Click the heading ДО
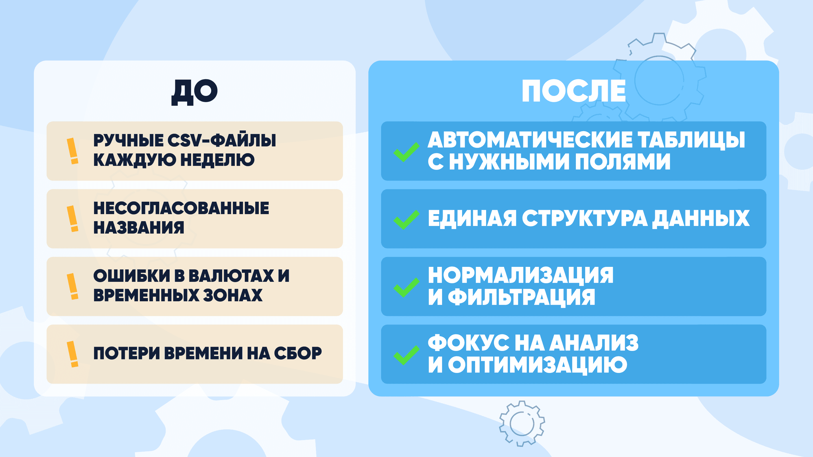point(194,92)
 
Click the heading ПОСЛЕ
point(573,91)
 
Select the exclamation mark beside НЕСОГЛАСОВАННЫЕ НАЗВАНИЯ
point(73,219)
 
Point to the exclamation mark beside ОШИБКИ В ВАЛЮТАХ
point(73,286)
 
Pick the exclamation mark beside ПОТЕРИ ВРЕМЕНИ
point(73,354)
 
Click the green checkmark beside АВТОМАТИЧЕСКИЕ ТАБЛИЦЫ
point(406,152)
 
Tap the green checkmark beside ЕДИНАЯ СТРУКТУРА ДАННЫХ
point(406,219)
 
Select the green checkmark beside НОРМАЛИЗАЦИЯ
point(406,287)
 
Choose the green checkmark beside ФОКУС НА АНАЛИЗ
point(406,355)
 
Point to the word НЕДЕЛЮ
point(217,160)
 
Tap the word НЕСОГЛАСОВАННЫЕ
point(181,208)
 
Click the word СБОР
point(298,353)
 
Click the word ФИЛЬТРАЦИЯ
point(521,297)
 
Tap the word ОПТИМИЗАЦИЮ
point(537,365)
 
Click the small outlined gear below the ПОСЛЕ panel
point(522,423)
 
